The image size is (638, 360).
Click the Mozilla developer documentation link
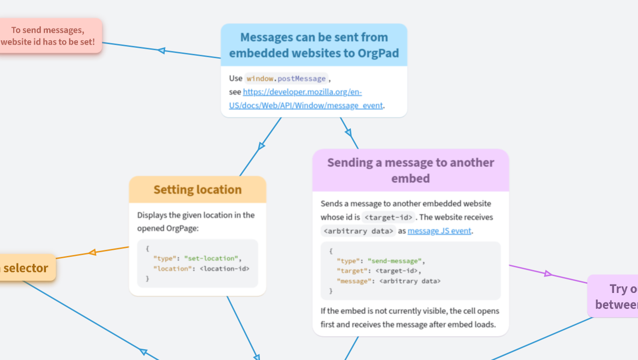[x=302, y=92]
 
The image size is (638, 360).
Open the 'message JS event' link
[x=439, y=231]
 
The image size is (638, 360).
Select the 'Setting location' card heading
[x=197, y=189]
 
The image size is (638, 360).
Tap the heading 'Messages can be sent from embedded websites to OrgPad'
[x=314, y=45]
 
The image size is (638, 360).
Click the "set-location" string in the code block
[x=212, y=258]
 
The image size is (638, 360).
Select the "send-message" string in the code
[x=395, y=261]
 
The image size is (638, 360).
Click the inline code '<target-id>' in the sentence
[x=388, y=217]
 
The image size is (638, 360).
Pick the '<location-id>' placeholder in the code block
[x=225, y=269]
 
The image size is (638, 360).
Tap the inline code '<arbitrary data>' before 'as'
[x=358, y=231]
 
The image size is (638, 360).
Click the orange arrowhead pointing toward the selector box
[x=92, y=252]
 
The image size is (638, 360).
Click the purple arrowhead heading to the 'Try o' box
[x=548, y=273]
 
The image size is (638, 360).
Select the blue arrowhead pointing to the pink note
[x=161, y=50]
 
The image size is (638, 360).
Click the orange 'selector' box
[x=26, y=268]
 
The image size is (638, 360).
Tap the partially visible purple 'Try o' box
[x=615, y=296]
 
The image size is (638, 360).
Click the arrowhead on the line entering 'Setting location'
[x=261, y=146]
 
